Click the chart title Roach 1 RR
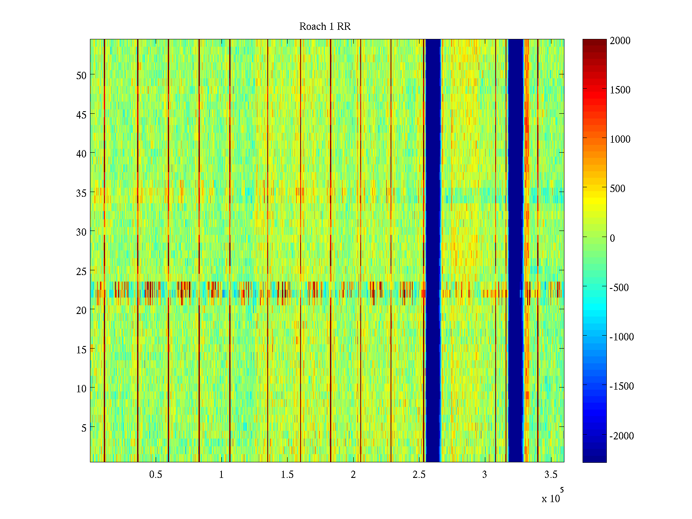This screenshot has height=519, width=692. [325, 27]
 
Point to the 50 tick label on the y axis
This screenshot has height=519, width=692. [81, 75]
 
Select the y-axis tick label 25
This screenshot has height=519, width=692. [81, 271]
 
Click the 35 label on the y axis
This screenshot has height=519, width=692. [81, 193]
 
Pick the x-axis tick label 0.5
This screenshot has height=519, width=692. [156, 475]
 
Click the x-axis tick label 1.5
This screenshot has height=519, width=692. [287, 475]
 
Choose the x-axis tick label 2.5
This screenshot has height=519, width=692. [419, 475]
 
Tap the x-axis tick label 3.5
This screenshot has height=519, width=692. [551, 475]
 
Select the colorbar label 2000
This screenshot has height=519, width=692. [620, 41]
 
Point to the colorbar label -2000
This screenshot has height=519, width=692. [622, 436]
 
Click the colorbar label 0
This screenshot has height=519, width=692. [612, 238]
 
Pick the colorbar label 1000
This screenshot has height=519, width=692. [620, 139]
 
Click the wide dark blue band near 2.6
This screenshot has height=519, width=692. [433, 251]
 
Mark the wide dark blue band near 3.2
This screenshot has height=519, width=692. [516, 251]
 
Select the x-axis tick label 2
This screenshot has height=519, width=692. [353, 475]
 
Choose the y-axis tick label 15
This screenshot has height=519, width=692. [81, 349]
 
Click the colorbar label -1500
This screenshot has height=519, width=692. [622, 386]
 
